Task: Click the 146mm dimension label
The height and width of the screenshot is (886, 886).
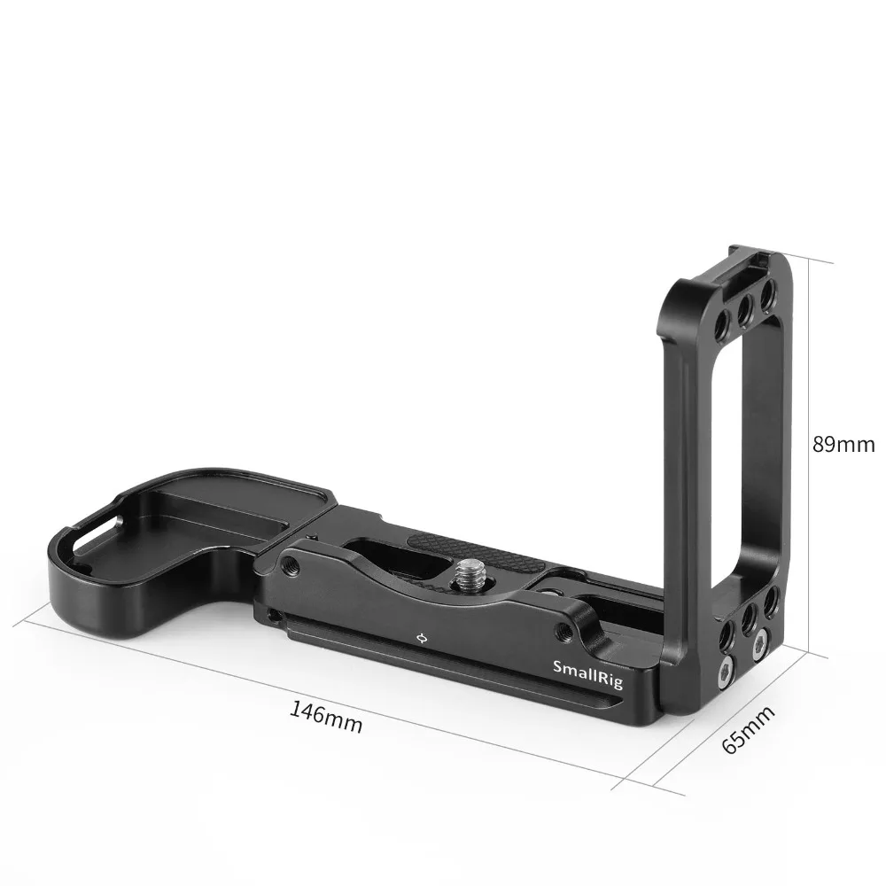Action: tap(326, 716)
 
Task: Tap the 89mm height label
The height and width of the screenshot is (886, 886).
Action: tap(843, 444)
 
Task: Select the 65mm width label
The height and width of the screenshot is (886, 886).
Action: tap(746, 728)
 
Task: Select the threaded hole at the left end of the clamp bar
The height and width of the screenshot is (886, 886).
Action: tap(289, 565)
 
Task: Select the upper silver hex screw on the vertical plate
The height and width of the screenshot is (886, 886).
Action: tap(758, 648)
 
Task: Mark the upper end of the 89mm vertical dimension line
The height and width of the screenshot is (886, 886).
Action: tap(834, 262)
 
